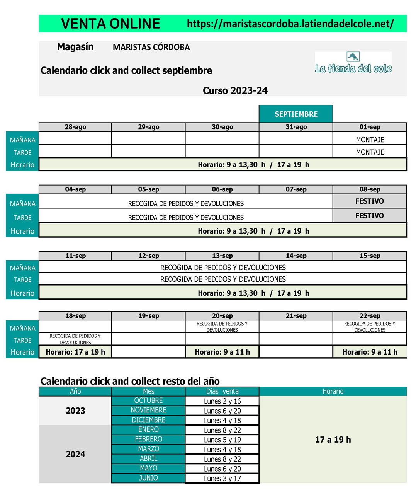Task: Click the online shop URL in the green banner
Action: [x=290, y=24]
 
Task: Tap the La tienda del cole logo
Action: [x=353, y=63]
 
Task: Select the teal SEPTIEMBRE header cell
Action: [x=296, y=114]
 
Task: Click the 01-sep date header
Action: [x=370, y=127]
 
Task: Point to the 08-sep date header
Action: [x=370, y=189]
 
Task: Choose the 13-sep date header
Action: [x=222, y=256]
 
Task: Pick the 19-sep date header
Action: [x=148, y=316]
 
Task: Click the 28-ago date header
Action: [x=75, y=127]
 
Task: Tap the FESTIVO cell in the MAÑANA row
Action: [x=370, y=201]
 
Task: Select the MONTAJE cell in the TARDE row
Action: [x=370, y=152]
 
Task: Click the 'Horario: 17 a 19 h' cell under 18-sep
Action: [x=75, y=352]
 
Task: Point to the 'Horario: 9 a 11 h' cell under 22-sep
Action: [x=370, y=352]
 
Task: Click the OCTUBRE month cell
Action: [x=148, y=401]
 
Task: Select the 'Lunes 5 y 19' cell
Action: [x=222, y=440]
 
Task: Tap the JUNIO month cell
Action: [x=148, y=478]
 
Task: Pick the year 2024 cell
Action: [x=75, y=454]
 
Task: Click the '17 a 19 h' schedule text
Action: [x=333, y=440]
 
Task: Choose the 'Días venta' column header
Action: [x=222, y=391]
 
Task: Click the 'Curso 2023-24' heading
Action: [x=235, y=90]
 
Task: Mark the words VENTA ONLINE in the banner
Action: [x=110, y=24]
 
